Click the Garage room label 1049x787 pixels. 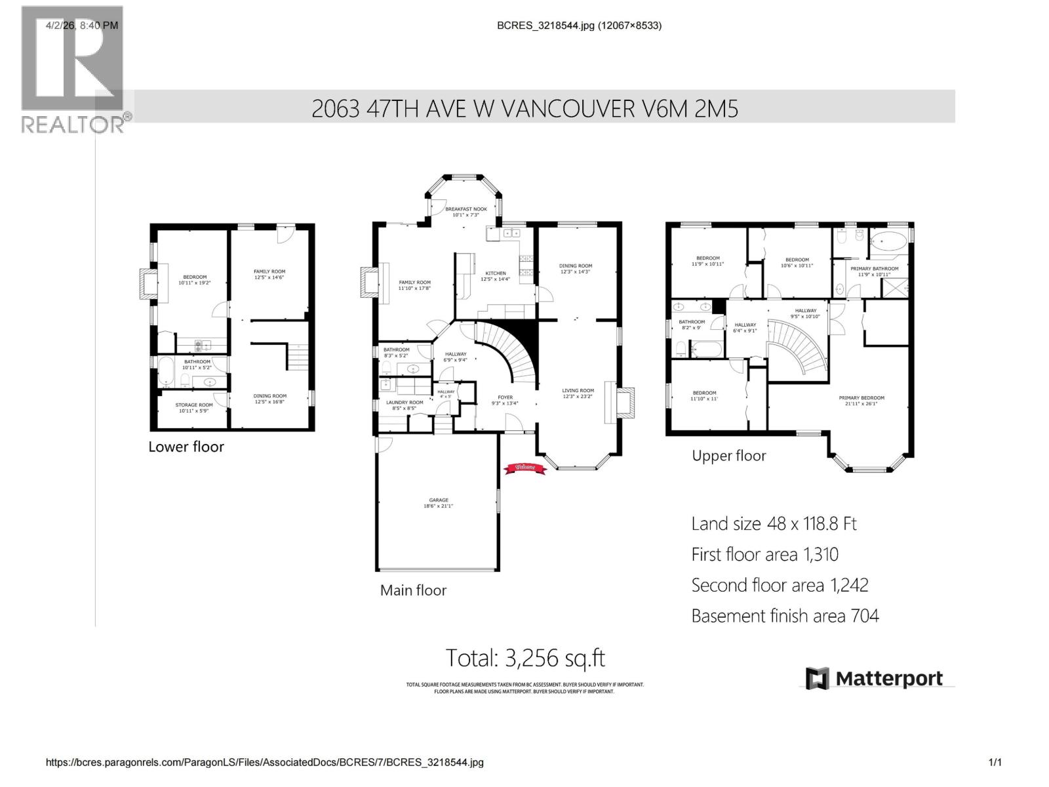[439, 503]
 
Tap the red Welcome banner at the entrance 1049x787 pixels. [524, 468]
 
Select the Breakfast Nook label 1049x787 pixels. [466, 212]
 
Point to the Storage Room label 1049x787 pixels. [194, 408]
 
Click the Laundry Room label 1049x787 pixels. [405, 405]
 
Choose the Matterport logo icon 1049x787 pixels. [817, 679]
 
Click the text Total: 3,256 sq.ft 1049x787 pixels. [525, 657]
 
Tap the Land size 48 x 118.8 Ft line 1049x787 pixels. [774, 523]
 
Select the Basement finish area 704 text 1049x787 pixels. [785, 616]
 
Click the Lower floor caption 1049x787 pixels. [186, 447]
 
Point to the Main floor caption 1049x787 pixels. [413, 590]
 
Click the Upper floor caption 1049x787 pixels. [728, 456]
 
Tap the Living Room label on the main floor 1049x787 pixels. [578, 393]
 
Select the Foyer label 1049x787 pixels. [505, 400]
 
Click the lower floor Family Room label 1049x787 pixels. [269, 274]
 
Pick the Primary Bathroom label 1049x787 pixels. [874, 272]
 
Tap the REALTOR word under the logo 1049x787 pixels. [73, 124]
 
